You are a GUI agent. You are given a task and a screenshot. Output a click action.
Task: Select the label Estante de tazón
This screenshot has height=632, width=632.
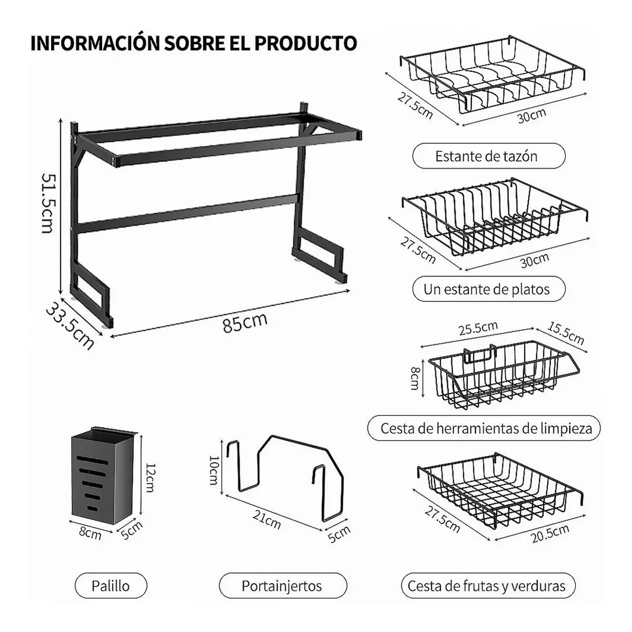(487, 156)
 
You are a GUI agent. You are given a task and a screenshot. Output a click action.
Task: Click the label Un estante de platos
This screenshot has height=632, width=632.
(487, 289)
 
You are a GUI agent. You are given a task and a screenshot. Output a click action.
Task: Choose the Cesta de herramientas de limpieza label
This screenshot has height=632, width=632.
(487, 428)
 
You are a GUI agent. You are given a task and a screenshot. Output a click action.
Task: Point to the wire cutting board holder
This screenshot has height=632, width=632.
(284, 474)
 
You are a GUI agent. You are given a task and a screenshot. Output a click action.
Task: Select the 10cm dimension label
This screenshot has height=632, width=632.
(213, 470)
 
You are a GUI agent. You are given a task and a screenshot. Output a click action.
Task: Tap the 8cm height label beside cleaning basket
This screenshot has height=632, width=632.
(415, 378)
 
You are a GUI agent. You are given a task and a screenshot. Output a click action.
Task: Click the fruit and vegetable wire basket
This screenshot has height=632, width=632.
(498, 492)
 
